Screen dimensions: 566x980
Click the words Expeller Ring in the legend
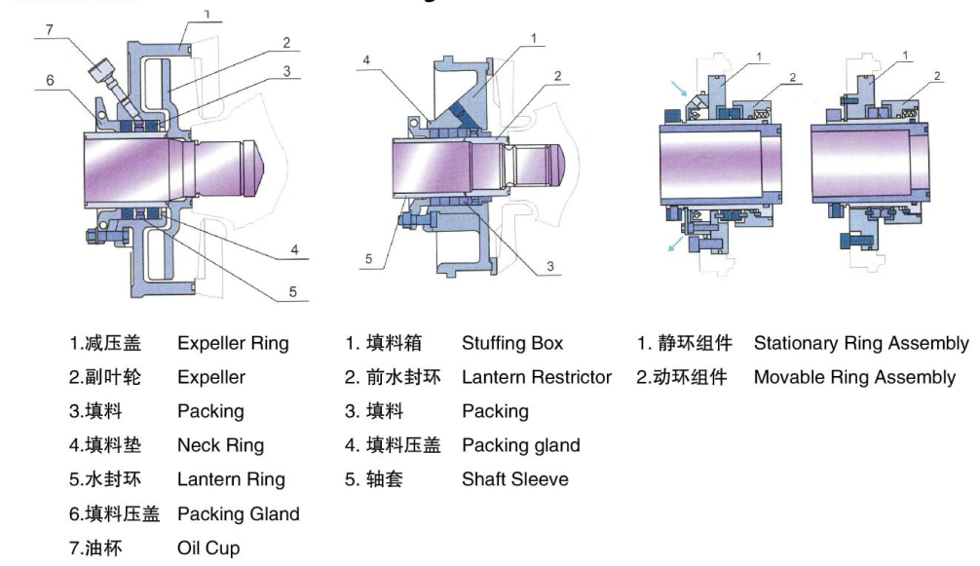coord(233,343)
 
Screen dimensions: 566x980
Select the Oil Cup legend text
coord(208,548)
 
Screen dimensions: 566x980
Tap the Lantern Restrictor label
coord(537,377)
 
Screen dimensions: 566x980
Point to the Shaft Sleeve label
coord(514,479)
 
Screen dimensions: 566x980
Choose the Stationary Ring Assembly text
coord(861,343)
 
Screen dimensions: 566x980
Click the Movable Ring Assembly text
coord(854,377)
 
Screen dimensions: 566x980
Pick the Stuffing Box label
coord(512,343)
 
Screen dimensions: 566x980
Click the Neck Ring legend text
coord(220,445)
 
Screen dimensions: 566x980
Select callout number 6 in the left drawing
coord(50,81)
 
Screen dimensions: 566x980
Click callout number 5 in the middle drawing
coord(369,259)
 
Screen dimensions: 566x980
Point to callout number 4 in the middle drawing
coord(366,60)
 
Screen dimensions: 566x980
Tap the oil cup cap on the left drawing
coord(99,72)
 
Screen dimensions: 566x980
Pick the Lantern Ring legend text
coord(231,479)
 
